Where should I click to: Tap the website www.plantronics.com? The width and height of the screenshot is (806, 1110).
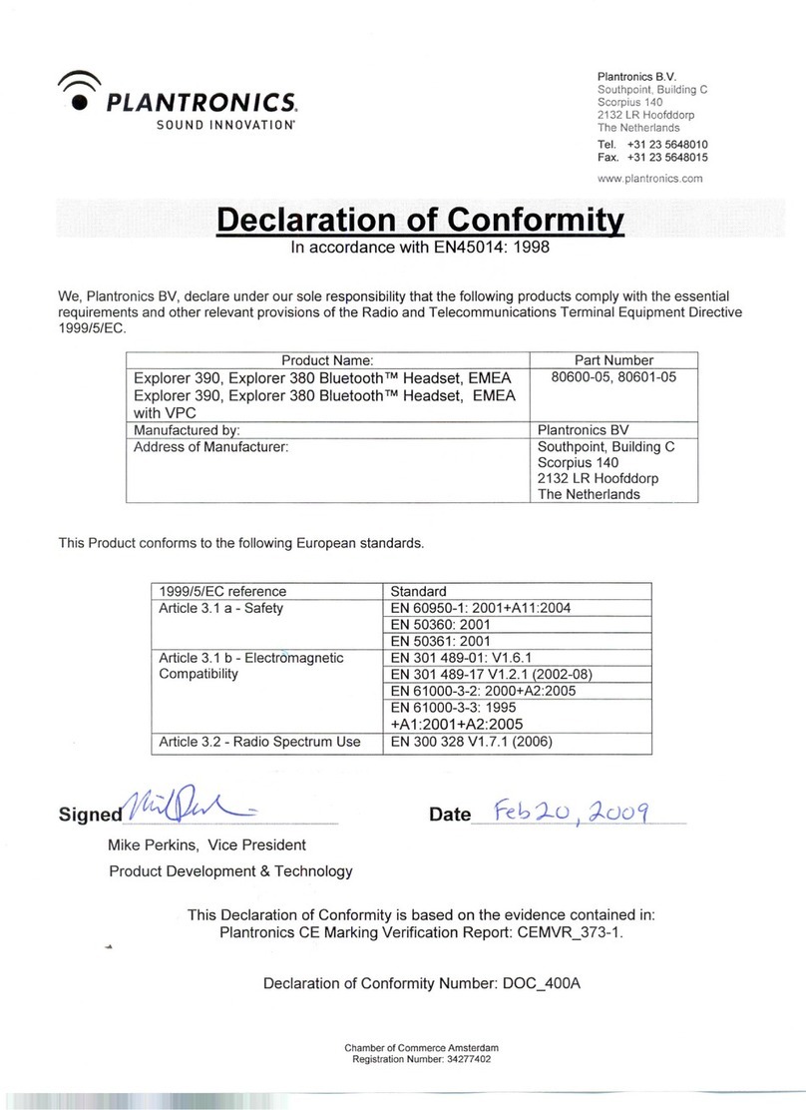649,179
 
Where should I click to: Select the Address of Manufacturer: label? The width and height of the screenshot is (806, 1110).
210,447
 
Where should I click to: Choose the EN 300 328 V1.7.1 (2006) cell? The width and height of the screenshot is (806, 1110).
471,742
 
